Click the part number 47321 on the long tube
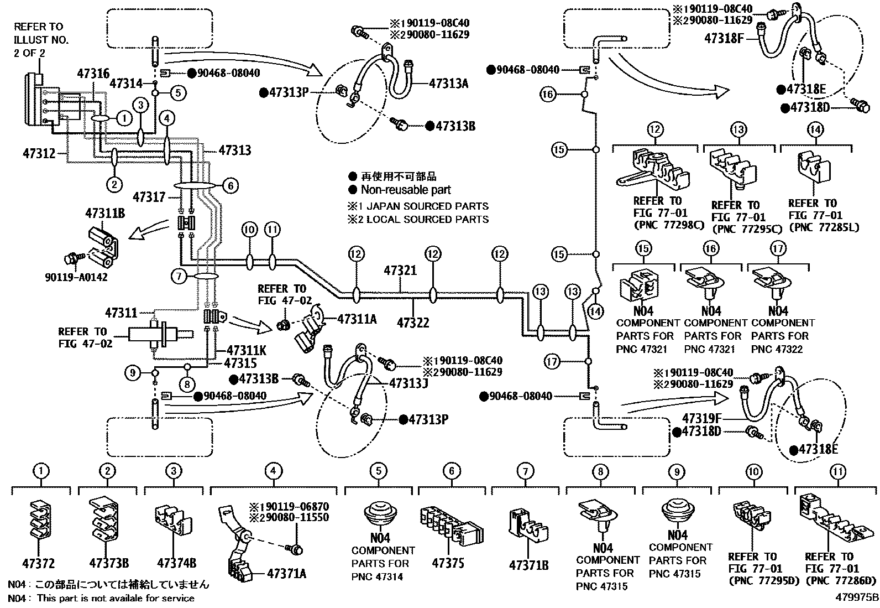[401, 271]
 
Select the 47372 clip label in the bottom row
[38, 564]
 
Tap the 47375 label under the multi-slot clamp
[448, 563]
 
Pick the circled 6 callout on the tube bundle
[232, 186]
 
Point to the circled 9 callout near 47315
[133, 373]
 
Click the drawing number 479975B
[857, 597]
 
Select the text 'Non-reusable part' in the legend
[406, 190]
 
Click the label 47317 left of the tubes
[150, 196]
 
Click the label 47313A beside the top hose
[449, 84]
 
